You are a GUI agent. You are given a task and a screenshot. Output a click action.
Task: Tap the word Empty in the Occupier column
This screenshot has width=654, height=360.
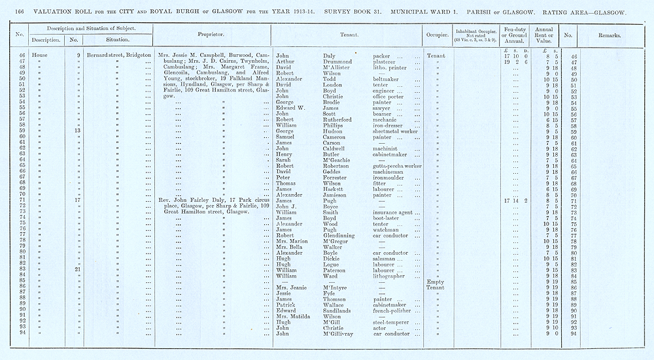pyautogui.click(x=435, y=282)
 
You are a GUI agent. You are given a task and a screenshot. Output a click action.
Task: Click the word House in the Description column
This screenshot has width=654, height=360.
pyautogui.click(x=40, y=56)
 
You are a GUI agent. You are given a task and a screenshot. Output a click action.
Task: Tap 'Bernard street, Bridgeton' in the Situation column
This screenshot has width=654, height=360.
pyautogui.click(x=118, y=56)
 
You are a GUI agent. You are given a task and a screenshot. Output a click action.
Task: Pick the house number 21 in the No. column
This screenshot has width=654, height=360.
pyautogui.click(x=77, y=269)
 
